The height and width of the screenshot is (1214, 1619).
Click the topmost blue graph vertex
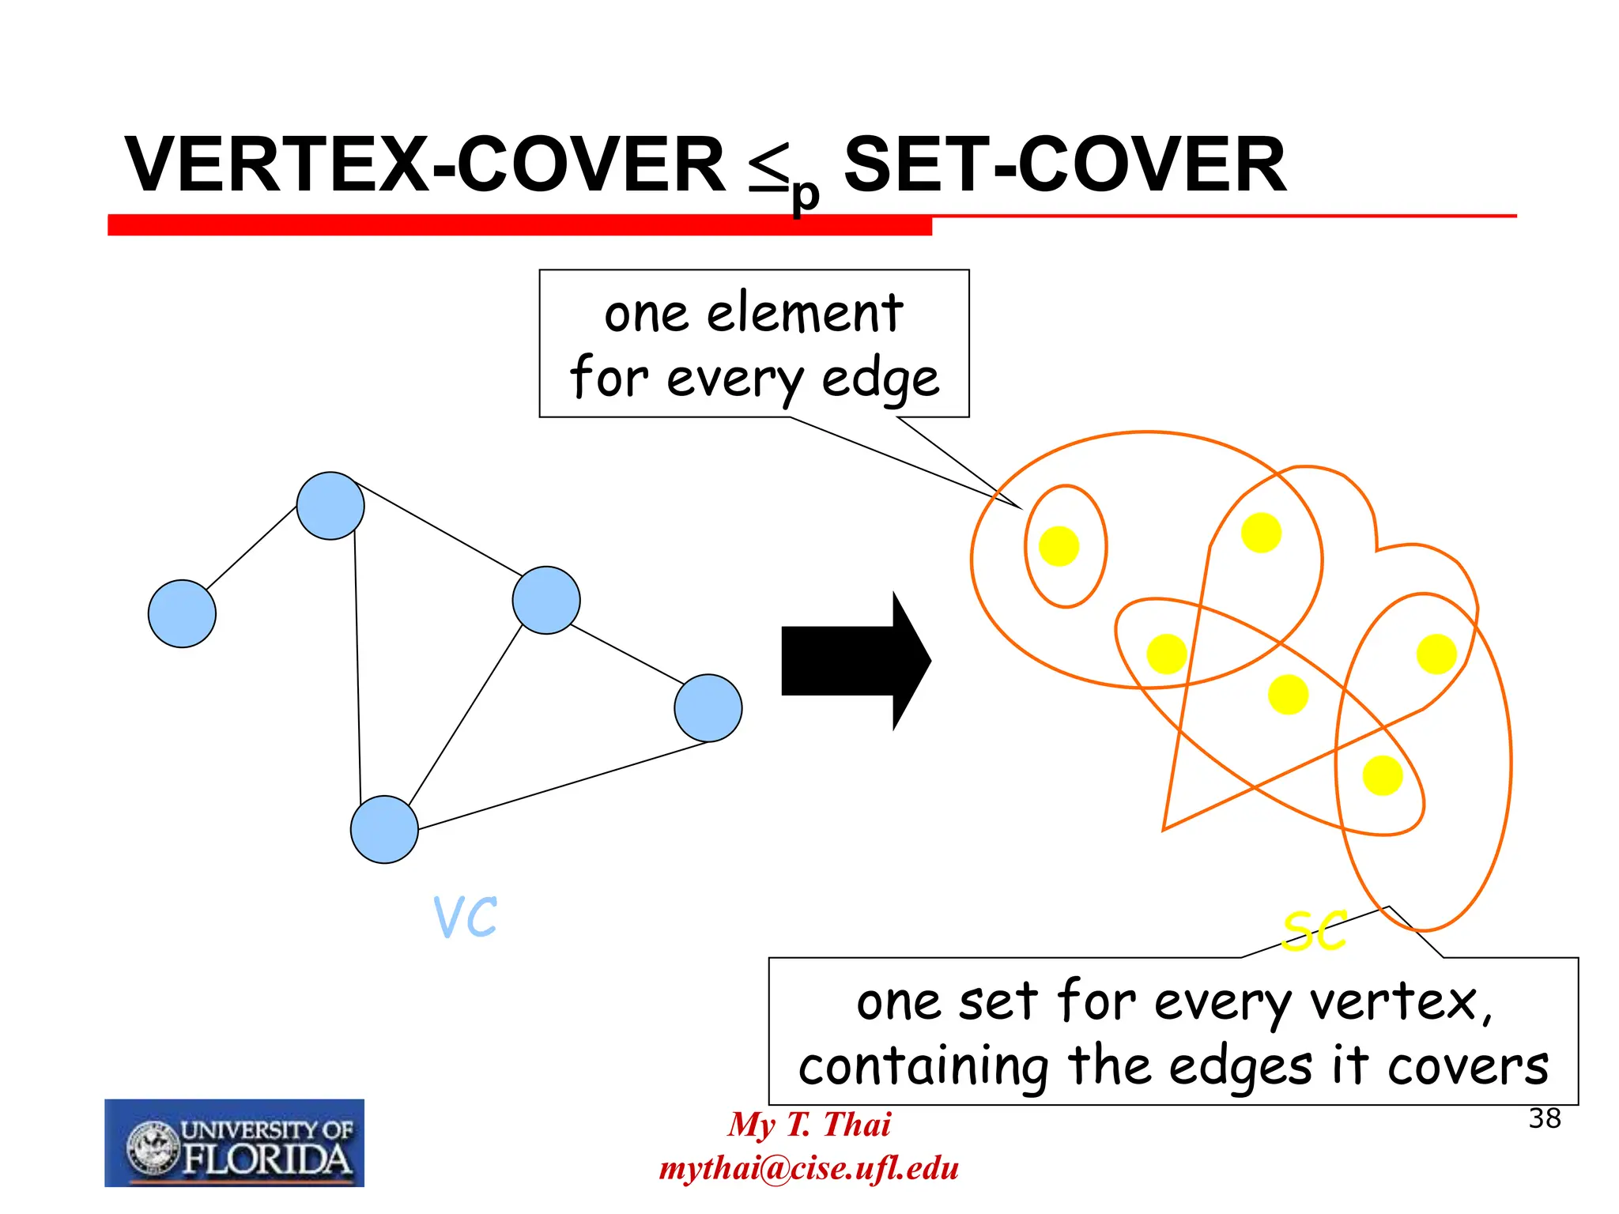(x=330, y=506)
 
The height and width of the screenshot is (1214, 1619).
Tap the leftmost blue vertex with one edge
(x=182, y=613)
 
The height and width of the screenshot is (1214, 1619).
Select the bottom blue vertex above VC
(x=384, y=829)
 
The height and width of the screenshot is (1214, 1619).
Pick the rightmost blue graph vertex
(x=708, y=707)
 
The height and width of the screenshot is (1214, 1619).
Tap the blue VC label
(x=466, y=917)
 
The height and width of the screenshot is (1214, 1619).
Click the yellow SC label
(x=1314, y=931)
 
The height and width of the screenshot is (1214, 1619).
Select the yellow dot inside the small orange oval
(x=1059, y=546)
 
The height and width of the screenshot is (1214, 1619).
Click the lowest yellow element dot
(x=1383, y=775)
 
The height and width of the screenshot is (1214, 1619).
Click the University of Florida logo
(x=235, y=1143)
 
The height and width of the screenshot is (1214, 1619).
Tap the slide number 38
(x=1545, y=1118)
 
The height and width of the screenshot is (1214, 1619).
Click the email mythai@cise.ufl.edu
(x=809, y=1168)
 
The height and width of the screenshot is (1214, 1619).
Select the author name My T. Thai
(x=809, y=1124)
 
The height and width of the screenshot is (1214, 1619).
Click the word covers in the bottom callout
(x=1467, y=1066)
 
